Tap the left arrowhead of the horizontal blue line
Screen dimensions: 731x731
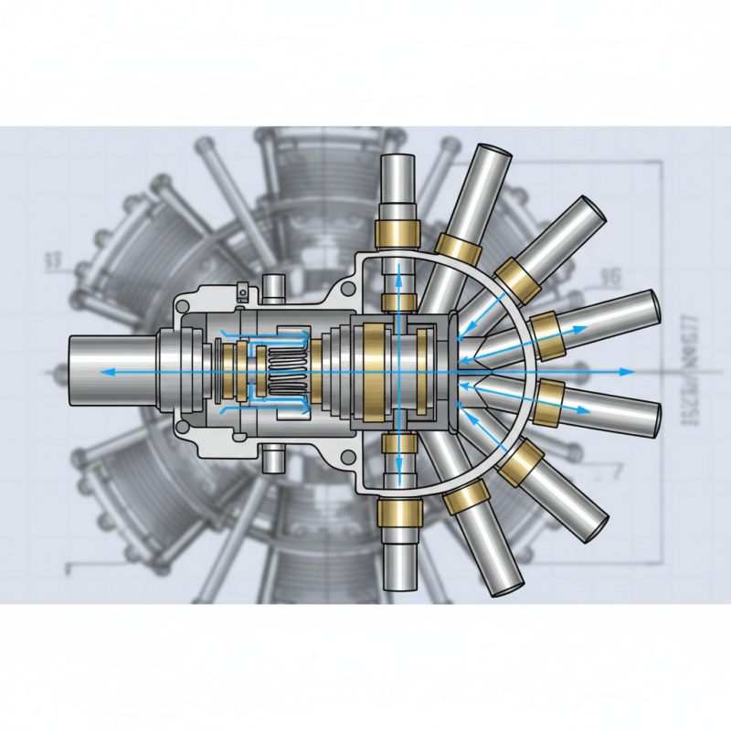[104, 372]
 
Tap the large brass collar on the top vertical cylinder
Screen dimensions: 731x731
[397, 234]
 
